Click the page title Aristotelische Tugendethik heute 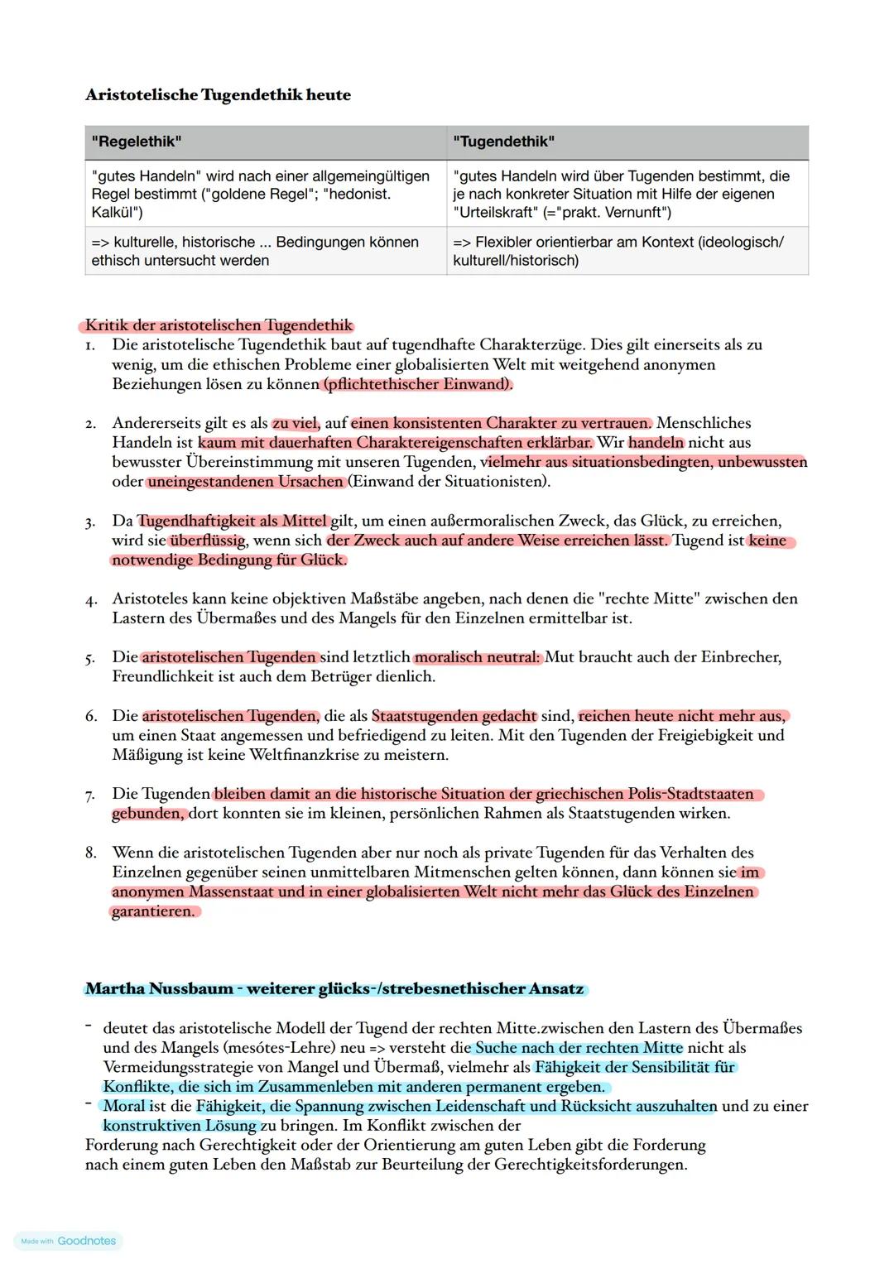218,95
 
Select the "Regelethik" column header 137,142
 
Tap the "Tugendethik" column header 503,142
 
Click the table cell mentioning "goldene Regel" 265,194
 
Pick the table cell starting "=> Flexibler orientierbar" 627,251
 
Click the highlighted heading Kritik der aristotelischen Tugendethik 219,325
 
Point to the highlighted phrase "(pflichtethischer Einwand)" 417,384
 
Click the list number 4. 90,599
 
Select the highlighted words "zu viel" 296,423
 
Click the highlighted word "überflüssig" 208,541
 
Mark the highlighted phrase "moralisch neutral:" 478,657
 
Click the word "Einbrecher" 740,657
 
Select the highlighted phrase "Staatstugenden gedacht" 454,716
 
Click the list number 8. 90,853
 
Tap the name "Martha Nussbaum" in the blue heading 159,989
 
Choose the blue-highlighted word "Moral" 124,1107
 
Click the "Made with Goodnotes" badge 68,1241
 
